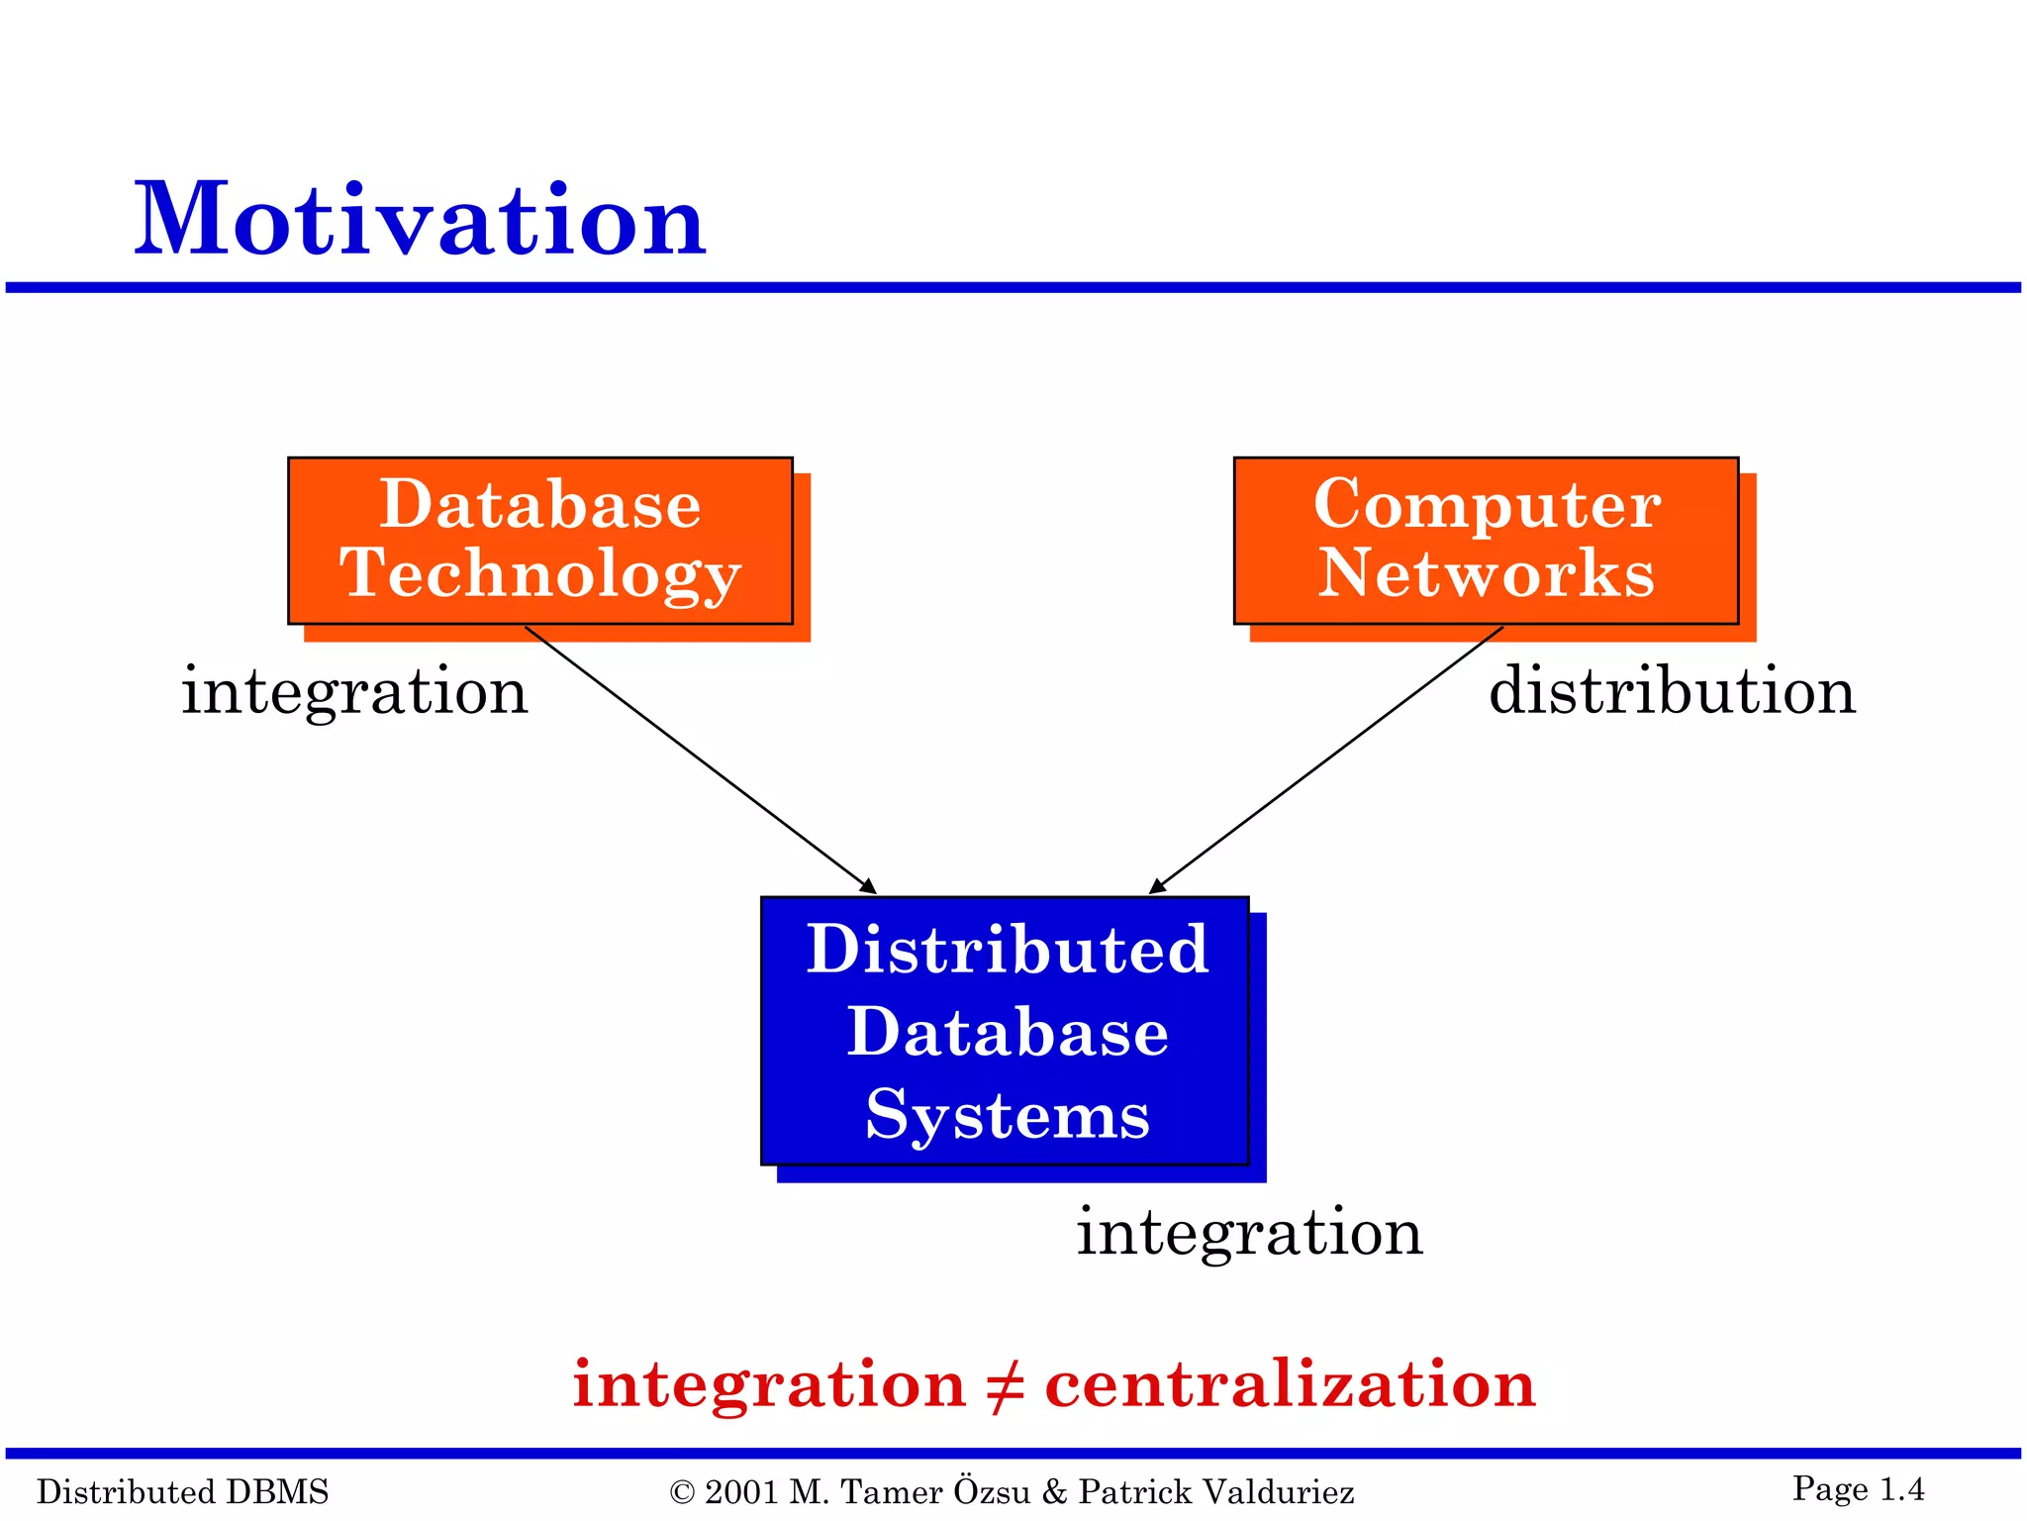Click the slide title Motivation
420,220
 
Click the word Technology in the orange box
540,574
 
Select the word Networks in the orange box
1486,573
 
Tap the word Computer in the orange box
1487,505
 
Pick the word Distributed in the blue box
1008,950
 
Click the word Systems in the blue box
1008,1116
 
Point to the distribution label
1672,690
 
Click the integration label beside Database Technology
354,691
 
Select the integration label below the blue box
1249,1233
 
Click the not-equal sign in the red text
1005,1385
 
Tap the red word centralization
1290,1383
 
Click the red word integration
769,1384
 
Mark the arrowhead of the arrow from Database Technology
869,887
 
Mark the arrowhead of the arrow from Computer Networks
1156,887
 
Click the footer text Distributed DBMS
183,1491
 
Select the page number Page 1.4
1858,1488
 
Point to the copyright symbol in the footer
682,1492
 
